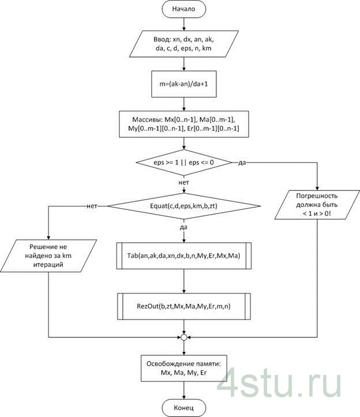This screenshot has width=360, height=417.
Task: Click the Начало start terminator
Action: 183,10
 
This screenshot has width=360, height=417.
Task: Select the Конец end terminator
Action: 183,407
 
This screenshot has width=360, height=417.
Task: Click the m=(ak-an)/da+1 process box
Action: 183,84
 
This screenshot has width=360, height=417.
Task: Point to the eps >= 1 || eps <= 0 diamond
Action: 183,163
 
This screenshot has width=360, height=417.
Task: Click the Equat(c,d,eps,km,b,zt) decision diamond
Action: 183,206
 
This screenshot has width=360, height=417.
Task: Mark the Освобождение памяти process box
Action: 183,369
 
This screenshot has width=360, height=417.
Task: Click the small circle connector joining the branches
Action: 183,336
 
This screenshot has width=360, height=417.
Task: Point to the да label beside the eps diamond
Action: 242,163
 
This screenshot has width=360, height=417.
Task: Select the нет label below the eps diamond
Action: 184,182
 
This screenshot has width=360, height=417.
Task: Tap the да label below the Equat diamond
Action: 184,228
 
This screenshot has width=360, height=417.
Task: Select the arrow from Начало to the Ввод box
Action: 183,24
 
